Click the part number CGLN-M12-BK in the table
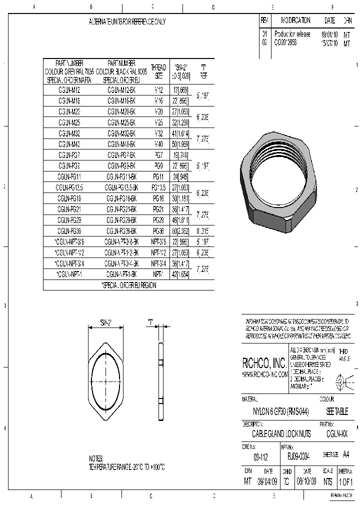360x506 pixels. (121, 90)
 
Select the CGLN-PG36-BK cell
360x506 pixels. (121, 230)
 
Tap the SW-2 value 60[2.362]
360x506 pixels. (180, 230)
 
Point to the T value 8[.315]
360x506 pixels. (203, 230)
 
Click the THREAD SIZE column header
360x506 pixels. (158, 71)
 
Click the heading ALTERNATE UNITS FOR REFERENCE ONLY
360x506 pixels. (127, 22)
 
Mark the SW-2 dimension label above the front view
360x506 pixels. (105, 321)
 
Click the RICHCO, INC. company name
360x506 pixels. (264, 362)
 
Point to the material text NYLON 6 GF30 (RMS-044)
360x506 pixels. (280, 411)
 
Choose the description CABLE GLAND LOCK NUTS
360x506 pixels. (281, 434)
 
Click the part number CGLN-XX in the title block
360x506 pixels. (336, 434)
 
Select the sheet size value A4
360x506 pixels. (346, 454)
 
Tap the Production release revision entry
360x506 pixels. (292, 34)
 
